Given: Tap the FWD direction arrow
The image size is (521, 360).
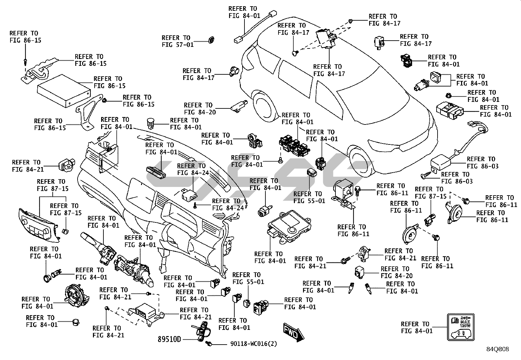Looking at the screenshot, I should coord(294,333).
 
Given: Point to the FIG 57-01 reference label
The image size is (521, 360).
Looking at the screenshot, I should coord(178,41).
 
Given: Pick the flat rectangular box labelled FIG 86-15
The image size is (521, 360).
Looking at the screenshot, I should coord(64,90).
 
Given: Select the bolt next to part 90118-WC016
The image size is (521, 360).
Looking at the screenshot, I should coord(209,344).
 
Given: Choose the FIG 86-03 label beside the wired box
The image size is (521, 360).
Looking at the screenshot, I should coord(482,163).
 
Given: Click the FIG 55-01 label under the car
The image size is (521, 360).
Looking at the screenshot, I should coord(309,197).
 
